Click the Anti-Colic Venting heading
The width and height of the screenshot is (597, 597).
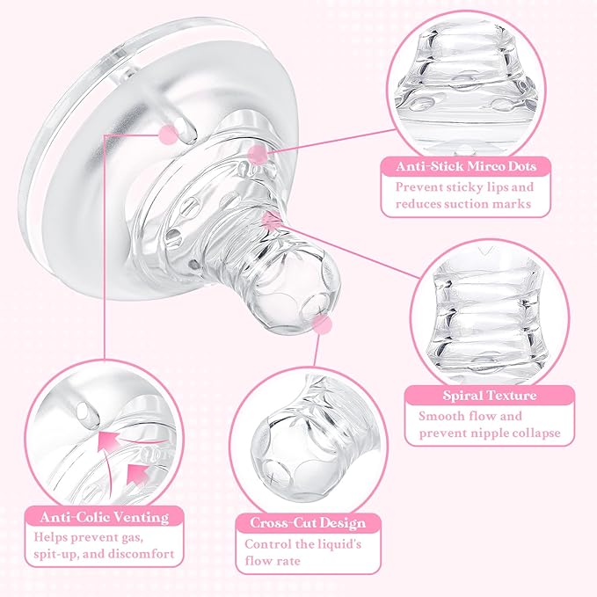pyautogui.click(x=98, y=516)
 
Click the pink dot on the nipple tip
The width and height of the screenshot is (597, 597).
pyautogui.click(x=323, y=326)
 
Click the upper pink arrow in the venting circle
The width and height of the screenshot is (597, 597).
pyautogui.click(x=111, y=439)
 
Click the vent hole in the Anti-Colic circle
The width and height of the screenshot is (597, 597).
pyautogui.click(x=84, y=410)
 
